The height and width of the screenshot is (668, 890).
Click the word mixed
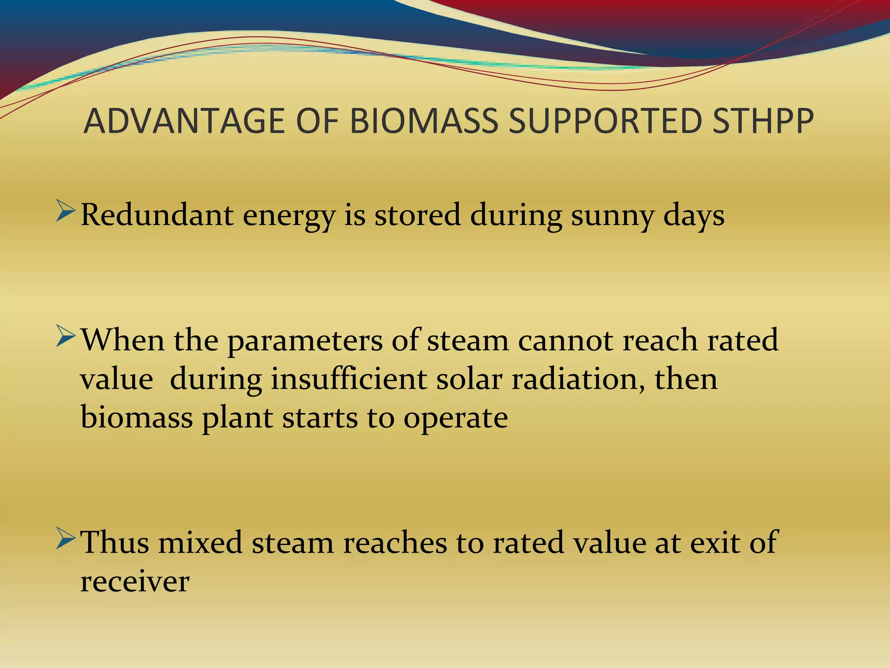pos(200,542)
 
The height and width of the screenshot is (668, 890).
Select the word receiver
pos(135,581)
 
